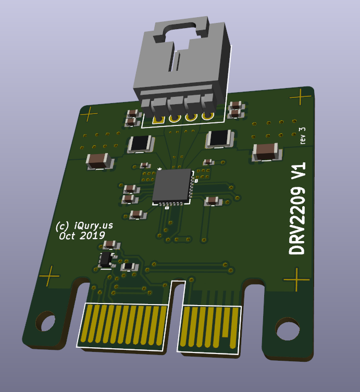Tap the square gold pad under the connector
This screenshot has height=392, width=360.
(x=158, y=120)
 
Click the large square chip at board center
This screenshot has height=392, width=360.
(x=172, y=185)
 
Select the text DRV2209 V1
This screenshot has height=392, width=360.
(x=297, y=208)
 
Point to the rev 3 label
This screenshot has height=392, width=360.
(x=302, y=135)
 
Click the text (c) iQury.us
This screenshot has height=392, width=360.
(x=84, y=225)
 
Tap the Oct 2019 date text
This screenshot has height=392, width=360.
(x=82, y=236)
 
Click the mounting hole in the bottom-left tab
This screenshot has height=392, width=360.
(x=45, y=321)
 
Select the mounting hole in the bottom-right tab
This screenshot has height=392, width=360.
(x=287, y=329)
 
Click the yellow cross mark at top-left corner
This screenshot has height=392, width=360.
(x=89, y=114)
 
